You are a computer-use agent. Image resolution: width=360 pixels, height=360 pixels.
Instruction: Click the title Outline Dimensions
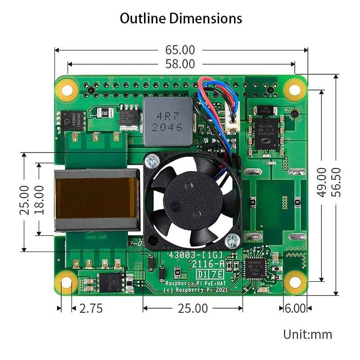(181, 18)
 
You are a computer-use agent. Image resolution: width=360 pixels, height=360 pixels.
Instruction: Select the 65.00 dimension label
(180, 50)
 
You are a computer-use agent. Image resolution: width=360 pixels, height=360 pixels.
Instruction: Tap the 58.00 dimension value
(180, 64)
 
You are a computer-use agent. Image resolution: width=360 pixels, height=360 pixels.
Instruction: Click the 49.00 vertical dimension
(322, 182)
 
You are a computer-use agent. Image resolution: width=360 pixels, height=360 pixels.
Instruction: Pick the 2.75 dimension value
(91, 308)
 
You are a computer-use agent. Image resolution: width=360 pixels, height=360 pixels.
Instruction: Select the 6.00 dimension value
(295, 308)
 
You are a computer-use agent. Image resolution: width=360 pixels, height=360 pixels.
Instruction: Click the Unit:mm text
(307, 334)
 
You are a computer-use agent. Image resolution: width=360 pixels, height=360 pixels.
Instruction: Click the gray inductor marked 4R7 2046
(167, 121)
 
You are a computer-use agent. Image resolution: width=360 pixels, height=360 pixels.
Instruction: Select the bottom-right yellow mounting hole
(295, 283)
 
